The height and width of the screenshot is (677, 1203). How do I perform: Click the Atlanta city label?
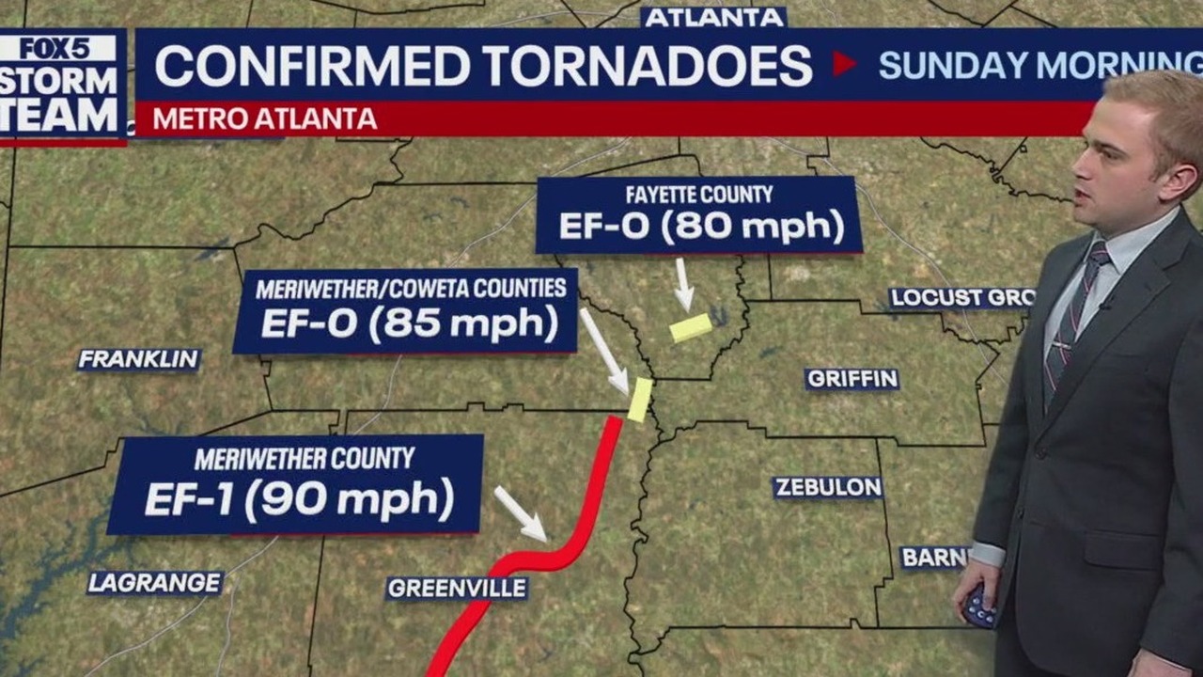pos(714,17)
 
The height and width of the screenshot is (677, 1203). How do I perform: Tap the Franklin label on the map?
pos(138,359)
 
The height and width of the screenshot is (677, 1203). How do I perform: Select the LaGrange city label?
pos(155,583)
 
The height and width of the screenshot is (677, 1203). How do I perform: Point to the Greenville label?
pos(457,589)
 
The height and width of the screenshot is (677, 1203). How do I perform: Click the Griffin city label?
pos(851,379)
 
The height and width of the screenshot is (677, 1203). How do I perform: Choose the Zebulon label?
pos(827,487)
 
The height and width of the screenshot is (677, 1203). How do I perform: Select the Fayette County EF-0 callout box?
pos(698,215)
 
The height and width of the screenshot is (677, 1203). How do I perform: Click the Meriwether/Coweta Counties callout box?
pos(405,311)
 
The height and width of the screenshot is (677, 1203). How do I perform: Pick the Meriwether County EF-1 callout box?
pos(296,484)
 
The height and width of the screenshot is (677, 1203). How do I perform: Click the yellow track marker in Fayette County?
pos(691,327)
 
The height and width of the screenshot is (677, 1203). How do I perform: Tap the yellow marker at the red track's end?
pos(640,400)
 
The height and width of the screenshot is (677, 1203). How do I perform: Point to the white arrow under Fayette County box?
pos(683,285)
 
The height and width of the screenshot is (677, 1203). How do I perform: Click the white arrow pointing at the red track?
pos(521,513)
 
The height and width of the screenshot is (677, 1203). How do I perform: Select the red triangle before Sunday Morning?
pos(843,63)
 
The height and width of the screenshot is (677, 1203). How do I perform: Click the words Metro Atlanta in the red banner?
pos(264,119)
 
